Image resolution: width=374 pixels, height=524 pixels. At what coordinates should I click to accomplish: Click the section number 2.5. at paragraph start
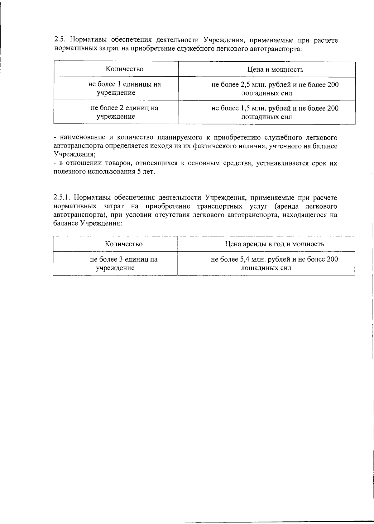pyautogui.click(x=60, y=40)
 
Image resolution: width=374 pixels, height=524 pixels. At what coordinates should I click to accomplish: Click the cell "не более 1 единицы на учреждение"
pyautogui.click(x=124, y=88)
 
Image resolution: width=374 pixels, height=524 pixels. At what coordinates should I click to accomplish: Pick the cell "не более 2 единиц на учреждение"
pyautogui.click(x=124, y=112)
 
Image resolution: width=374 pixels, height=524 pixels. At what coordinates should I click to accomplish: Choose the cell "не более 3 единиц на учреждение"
pyautogui.click(x=124, y=263)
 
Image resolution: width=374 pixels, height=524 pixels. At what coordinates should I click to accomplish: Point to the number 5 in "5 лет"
pyautogui.click(x=139, y=172)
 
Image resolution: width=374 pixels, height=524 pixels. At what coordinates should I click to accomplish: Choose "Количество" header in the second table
pyautogui.click(x=124, y=244)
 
